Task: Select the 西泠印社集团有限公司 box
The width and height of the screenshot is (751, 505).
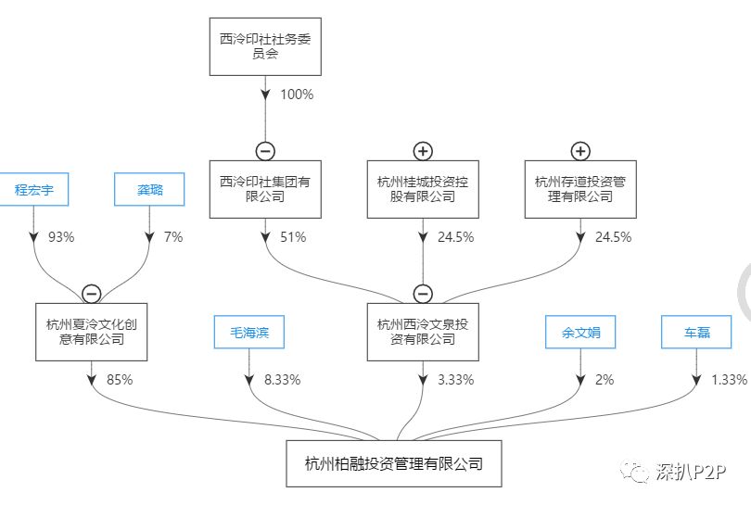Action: (265, 189)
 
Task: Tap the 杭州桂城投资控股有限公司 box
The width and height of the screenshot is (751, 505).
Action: (423, 189)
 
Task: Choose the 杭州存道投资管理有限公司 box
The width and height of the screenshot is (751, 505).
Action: (580, 189)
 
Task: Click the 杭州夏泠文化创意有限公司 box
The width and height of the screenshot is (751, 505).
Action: (91, 332)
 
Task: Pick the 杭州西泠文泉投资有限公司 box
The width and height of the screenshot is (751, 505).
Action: (423, 332)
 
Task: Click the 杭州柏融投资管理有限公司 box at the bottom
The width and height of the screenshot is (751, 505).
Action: (394, 463)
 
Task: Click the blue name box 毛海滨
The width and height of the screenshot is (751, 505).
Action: (248, 332)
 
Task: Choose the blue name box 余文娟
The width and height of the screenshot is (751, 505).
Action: (580, 332)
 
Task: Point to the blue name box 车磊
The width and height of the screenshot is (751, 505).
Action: (697, 332)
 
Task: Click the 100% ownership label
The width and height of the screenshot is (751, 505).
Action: (298, 95)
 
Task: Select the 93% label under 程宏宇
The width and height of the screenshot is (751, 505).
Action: (61, 237)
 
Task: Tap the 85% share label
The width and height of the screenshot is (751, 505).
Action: (120, 380)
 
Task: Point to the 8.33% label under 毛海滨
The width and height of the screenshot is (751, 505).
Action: (283, 380)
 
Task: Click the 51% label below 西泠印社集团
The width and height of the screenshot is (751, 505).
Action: (293, 237)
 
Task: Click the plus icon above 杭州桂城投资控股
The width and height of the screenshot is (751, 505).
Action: (423, 151)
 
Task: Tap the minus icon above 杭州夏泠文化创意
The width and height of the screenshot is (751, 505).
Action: (91, 294)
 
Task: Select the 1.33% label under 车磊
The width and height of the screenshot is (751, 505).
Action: (728, 380)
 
